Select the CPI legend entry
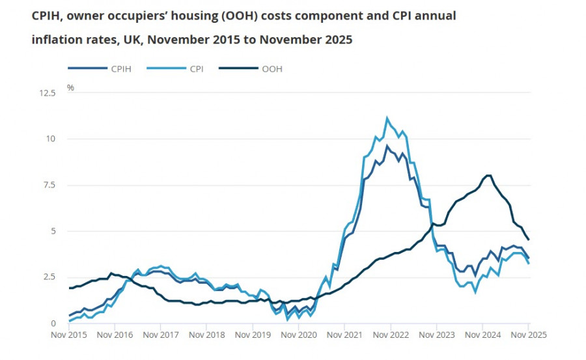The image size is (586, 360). click(196, 68)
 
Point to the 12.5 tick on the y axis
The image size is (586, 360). click(48, 93)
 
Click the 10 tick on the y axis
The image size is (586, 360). click(51, 139)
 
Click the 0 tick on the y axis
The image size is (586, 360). click(54, 324)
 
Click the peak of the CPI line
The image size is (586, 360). click(387, 118)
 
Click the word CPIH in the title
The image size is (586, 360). click(46, 16)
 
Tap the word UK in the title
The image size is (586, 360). click(133, 39)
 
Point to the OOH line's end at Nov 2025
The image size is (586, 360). click(528, 240)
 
